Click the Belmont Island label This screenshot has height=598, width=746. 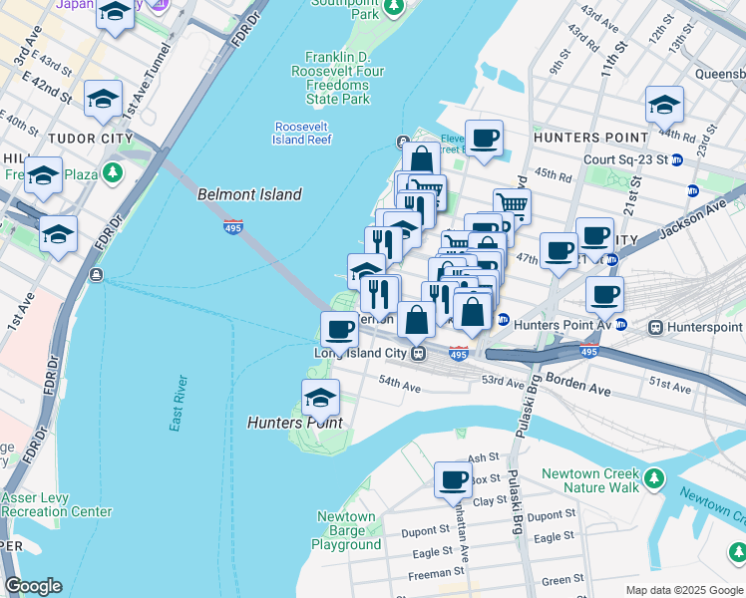[249, 194]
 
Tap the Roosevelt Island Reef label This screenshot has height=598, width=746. [303, 134]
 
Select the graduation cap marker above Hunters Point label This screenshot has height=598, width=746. [320, 398]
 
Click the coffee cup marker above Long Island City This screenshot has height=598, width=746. [339, 330]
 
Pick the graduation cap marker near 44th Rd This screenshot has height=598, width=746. [664, 104]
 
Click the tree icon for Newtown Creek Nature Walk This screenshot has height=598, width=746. [654, 480]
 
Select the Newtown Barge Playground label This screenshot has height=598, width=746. [346, 530]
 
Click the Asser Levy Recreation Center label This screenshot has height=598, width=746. [57, 504]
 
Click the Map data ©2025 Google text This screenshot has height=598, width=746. [684, 590]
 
